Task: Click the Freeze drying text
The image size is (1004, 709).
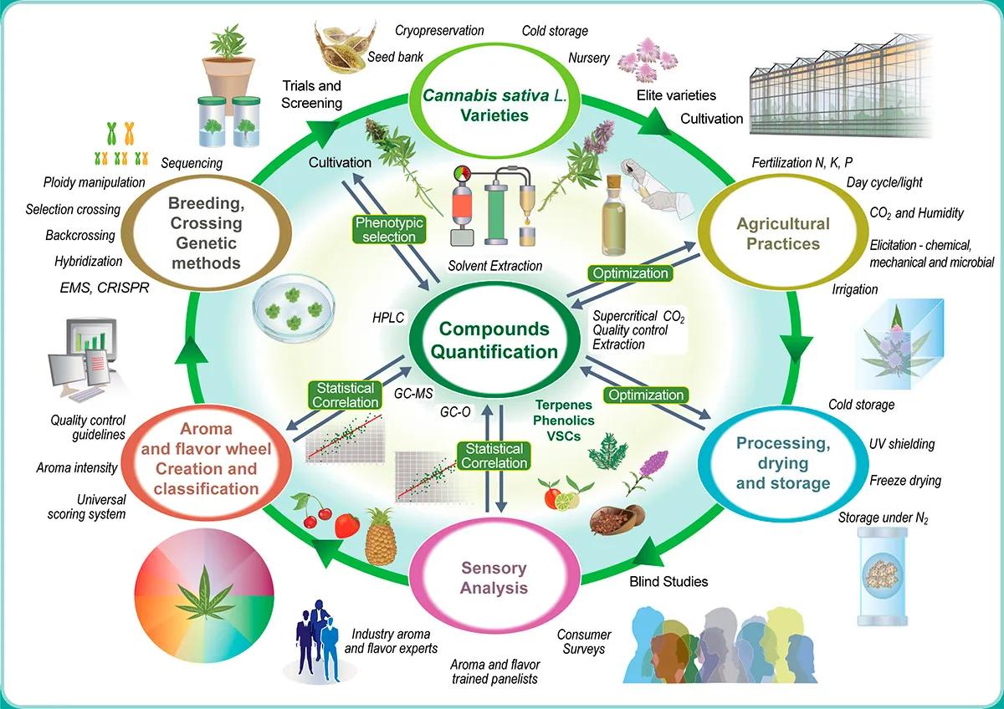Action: click(905, 480)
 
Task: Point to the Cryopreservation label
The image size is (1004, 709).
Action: click(440, 31)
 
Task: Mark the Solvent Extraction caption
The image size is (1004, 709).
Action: click(494, 266)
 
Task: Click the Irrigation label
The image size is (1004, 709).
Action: click(855, 289)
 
